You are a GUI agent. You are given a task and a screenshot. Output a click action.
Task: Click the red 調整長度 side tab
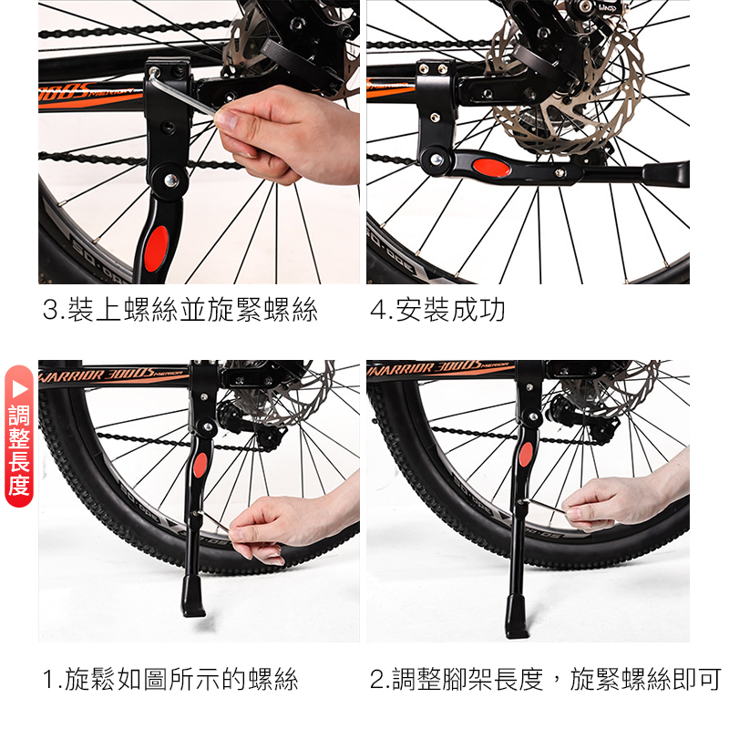click(19, 436)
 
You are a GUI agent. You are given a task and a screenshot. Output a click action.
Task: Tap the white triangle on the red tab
click(19, 388)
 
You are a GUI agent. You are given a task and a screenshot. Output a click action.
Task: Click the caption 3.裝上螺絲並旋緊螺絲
click(180, 310)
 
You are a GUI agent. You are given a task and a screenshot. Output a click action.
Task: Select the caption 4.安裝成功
click(437, 310)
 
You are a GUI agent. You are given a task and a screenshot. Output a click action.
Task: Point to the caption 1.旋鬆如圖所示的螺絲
click(170, 679)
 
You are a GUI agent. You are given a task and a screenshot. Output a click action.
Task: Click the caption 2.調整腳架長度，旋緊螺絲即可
click(546, 679)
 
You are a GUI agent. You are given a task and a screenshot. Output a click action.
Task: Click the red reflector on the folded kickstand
click(492, 167)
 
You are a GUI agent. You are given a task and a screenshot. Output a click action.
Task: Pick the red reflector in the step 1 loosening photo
click(200, 465)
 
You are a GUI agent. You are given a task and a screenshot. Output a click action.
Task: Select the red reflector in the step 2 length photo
click(526, 454)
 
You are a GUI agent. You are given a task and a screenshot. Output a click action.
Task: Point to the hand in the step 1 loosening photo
click(288, 526)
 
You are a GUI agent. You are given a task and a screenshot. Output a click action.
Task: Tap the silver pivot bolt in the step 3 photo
click(170, 180)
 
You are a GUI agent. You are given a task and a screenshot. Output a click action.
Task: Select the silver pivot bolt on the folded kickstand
click(436, 159)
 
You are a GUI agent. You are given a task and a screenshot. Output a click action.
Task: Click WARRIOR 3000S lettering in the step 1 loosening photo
click(98, 375)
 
